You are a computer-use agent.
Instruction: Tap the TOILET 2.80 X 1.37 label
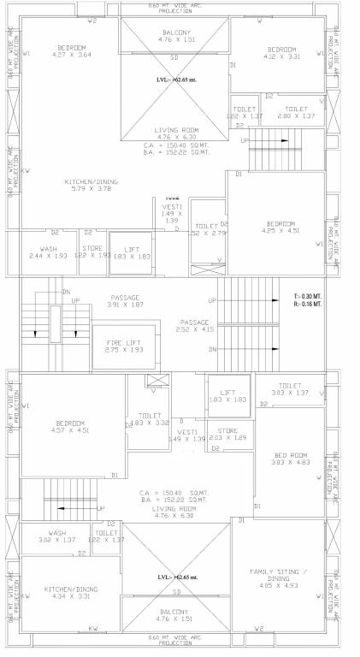295,112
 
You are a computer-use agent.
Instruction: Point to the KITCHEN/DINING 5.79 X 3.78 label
90,186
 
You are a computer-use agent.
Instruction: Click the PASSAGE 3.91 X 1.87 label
125,301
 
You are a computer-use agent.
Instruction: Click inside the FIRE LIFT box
123,346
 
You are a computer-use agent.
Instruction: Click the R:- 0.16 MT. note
308,303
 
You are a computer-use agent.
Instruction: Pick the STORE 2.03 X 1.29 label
227,434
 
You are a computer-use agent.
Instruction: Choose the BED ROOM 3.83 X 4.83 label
289,459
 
